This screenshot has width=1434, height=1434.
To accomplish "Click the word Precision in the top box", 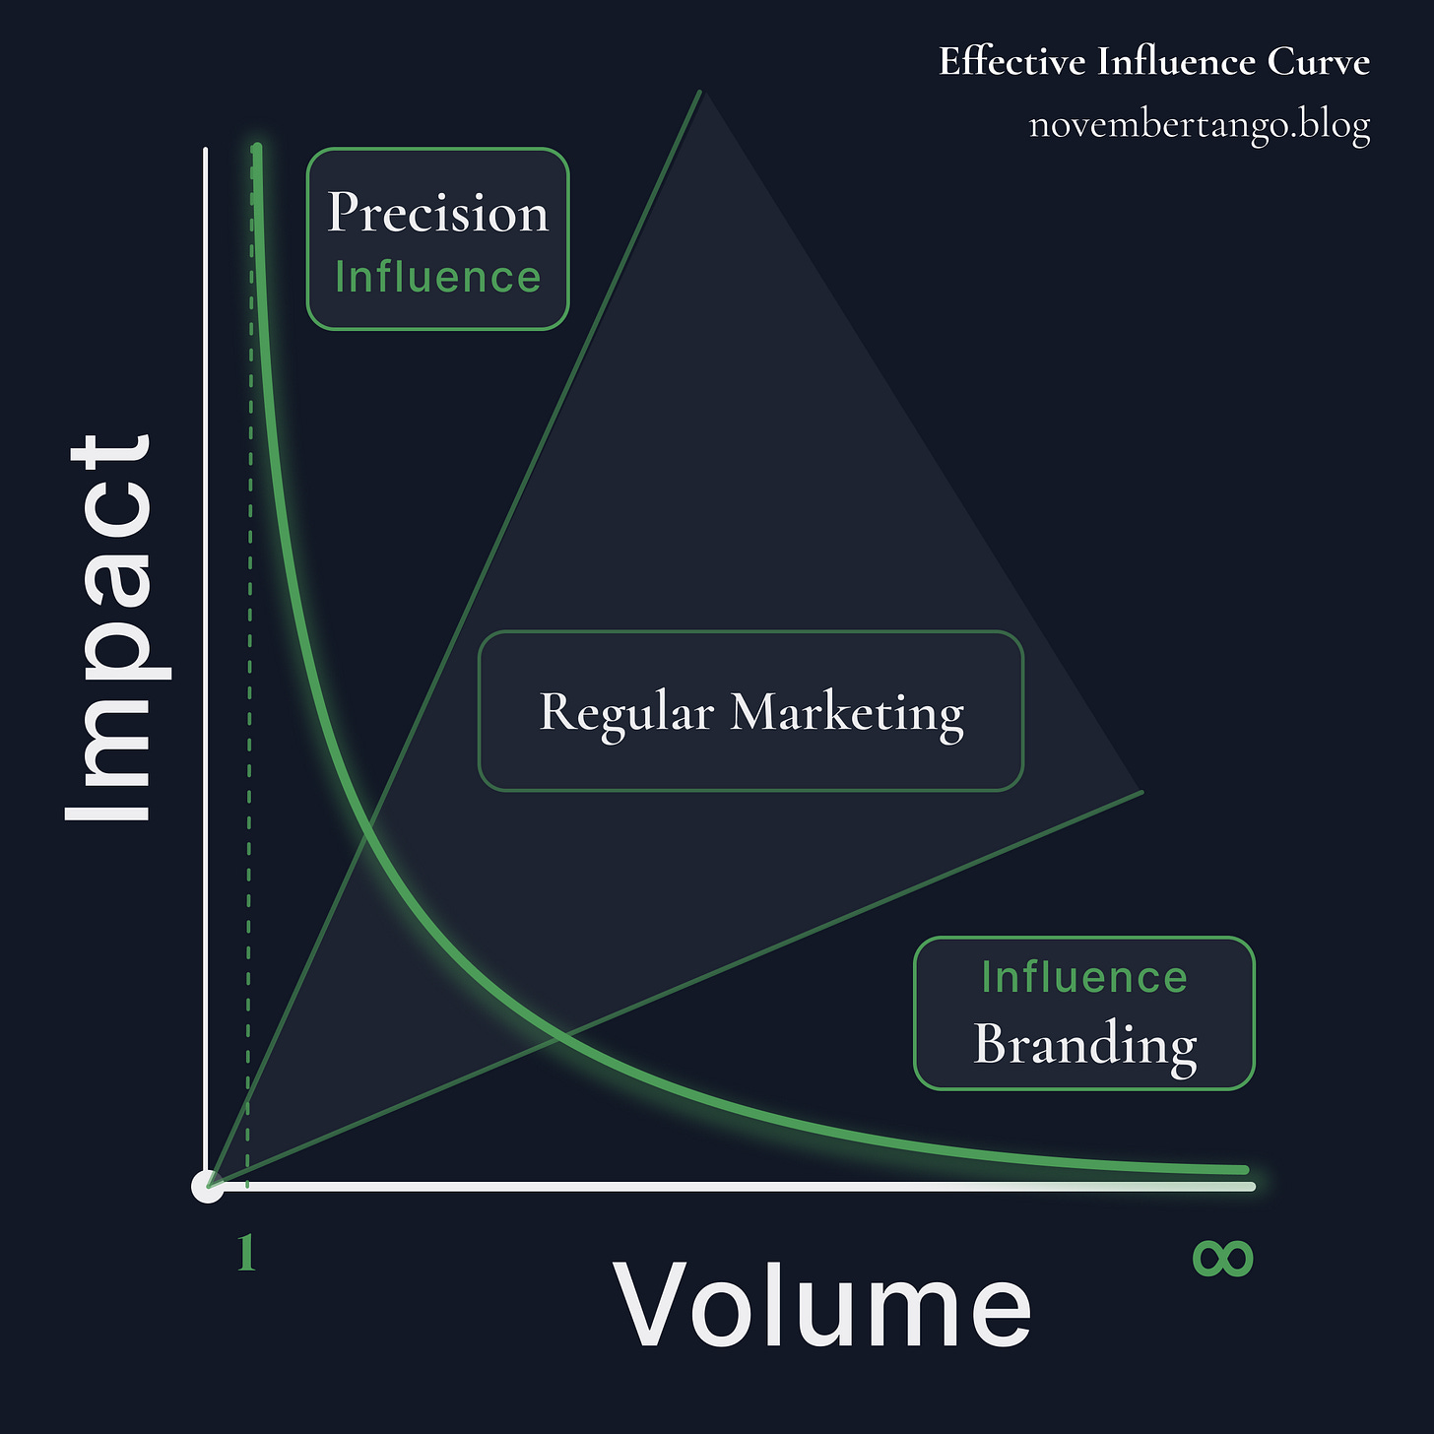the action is click(437, 213).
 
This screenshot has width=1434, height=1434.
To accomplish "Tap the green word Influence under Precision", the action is click(437, 278).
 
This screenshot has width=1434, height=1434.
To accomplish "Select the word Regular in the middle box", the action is click(626, 714).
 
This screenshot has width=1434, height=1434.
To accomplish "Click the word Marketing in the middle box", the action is click(847, 714).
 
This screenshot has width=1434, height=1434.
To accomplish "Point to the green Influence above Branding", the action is click(1084, 977).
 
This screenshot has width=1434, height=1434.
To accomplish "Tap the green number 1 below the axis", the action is click(246, 1253).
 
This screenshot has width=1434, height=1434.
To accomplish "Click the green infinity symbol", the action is click(1222, 1258).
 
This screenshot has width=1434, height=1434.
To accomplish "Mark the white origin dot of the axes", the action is click(208, 1186).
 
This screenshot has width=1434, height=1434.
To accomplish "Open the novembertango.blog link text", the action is click(1199, 124).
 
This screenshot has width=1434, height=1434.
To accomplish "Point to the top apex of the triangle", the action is click(700, 92).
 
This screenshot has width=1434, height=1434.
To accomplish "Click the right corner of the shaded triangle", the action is click(1141, 793).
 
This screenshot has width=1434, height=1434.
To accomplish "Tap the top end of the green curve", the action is click(257, 147).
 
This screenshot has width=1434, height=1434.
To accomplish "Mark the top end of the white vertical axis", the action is click(206, 150).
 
